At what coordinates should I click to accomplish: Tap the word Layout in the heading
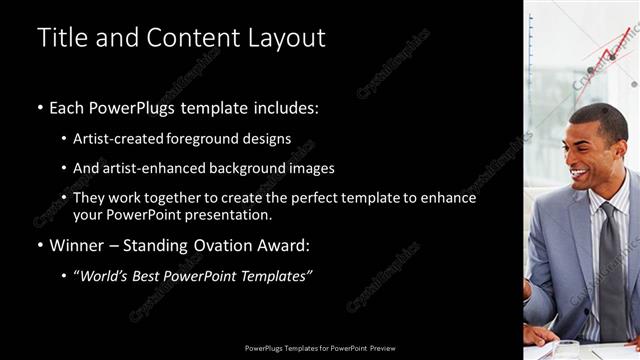289,38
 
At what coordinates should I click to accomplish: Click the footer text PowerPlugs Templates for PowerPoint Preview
320,349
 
